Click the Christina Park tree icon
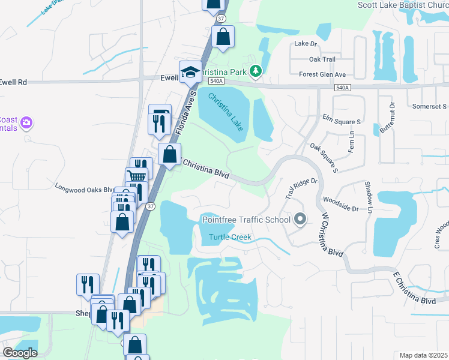pyautogui.click(x=256, y=72)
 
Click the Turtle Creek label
pyautogui.click(x=230, y=237)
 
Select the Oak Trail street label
pyautogui.click(x=322, y=59)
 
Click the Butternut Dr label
pyautogui.click(x=387, y=118)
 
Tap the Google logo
pyautogui.click(x=20, y=352)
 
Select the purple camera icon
pyautogui.click(x=26, y=124)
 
